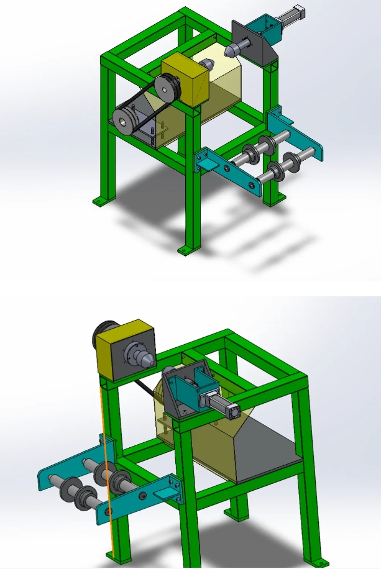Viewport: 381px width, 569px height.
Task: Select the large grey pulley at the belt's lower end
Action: [x=127, y=120]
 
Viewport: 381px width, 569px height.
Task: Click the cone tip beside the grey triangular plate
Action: [x=231, y=47]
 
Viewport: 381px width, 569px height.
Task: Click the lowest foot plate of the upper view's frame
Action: [x=184, y=250]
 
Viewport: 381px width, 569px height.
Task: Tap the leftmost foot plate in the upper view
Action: [x=99, y=201]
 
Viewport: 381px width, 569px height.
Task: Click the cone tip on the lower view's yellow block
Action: [x=148, y=360]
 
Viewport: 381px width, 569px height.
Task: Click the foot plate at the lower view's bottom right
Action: [x=321, y=562]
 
